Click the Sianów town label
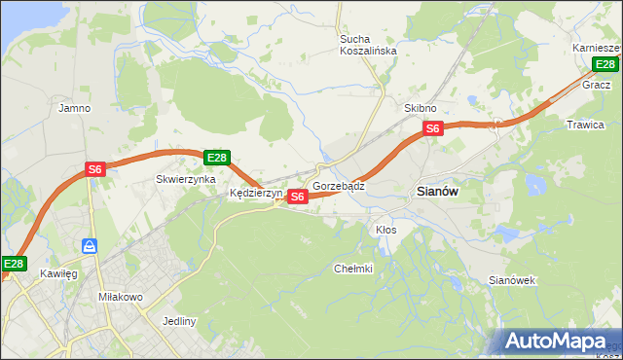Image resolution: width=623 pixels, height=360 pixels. point(438,192)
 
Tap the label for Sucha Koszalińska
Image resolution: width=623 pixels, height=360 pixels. point(368,45)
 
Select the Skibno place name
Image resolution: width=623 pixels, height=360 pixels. point(420,108)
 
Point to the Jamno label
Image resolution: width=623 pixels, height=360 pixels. point(75,108)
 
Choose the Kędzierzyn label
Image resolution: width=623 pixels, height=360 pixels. point(255,194)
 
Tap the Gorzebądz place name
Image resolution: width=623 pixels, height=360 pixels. point(339,185)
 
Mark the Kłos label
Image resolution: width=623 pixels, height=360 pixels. point(385,230)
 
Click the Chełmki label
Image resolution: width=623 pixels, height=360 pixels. point(353,269)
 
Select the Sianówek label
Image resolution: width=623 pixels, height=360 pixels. point(512,280)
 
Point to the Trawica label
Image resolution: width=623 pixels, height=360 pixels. point(585,125)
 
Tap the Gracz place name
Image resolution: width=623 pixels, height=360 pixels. point(596,85)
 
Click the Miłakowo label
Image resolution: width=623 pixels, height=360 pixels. point(122,296)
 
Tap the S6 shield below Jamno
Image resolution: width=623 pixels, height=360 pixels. point(94,168)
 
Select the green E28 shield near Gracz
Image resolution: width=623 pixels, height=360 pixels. point(605,65)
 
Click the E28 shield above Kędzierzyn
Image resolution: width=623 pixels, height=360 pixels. point(216,158)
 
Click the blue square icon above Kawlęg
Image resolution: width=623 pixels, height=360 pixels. point(89,247)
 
